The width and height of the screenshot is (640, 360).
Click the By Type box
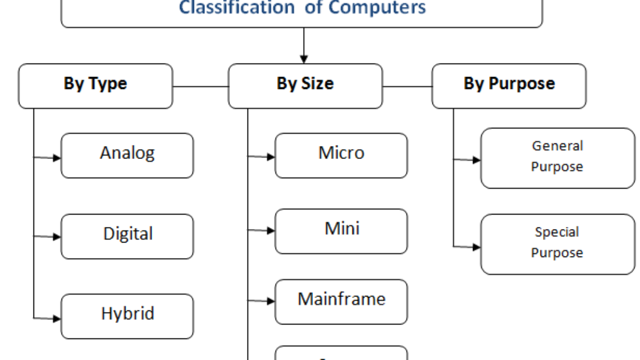(x=95, y=85)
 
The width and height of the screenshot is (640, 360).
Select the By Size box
(x=305, y=85)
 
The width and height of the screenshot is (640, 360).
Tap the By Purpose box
(x=508, y=85)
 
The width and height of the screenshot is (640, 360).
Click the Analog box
(x=127, y=155)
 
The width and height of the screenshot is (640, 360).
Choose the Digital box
(x=127, y=236)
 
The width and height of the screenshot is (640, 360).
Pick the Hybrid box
(x=127, y=316)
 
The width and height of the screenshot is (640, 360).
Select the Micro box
(x=341, y=155)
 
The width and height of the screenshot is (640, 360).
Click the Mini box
(x=341, y=231)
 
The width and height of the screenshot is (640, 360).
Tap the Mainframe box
(x=341, y=301)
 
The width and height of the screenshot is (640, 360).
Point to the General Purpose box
(x=557, y=157)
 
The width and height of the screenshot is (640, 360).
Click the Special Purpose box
(x=557, y=244)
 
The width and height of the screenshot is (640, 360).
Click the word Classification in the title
(x=236, y=8)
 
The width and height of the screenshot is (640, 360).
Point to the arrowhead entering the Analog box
(x=57, y=158)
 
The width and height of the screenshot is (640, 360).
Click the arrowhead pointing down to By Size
(x=303, y=59)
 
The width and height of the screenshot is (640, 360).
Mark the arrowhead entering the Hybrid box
(x=57, y=318)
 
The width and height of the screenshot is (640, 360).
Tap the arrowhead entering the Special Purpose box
(x=476, y=247)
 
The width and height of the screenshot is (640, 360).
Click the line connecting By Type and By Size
(x=200, y=86)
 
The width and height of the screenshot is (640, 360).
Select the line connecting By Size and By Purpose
(x=407, y=86)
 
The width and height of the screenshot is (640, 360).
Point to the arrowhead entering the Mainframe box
(x=271, y=301)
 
